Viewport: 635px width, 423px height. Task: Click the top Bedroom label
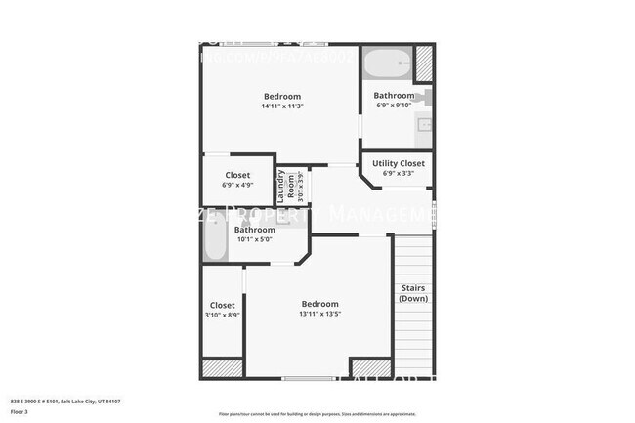click(281, 96)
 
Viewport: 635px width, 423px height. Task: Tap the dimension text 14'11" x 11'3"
click(281, 106)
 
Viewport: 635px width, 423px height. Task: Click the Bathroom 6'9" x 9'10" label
click(395, 96)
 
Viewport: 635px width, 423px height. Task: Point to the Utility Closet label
click(399, 163)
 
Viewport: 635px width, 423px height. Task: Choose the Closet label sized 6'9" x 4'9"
click(237, 176)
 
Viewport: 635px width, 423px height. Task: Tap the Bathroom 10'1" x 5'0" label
click(247, 231)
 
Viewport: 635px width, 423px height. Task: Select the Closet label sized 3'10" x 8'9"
click(222, 306)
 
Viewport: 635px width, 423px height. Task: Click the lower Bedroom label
click(319, 304)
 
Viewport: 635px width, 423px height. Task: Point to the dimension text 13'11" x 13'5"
click(319, 315)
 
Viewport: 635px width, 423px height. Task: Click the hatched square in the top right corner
click(424, 63)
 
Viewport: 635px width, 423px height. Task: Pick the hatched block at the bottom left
click(222, 368)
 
